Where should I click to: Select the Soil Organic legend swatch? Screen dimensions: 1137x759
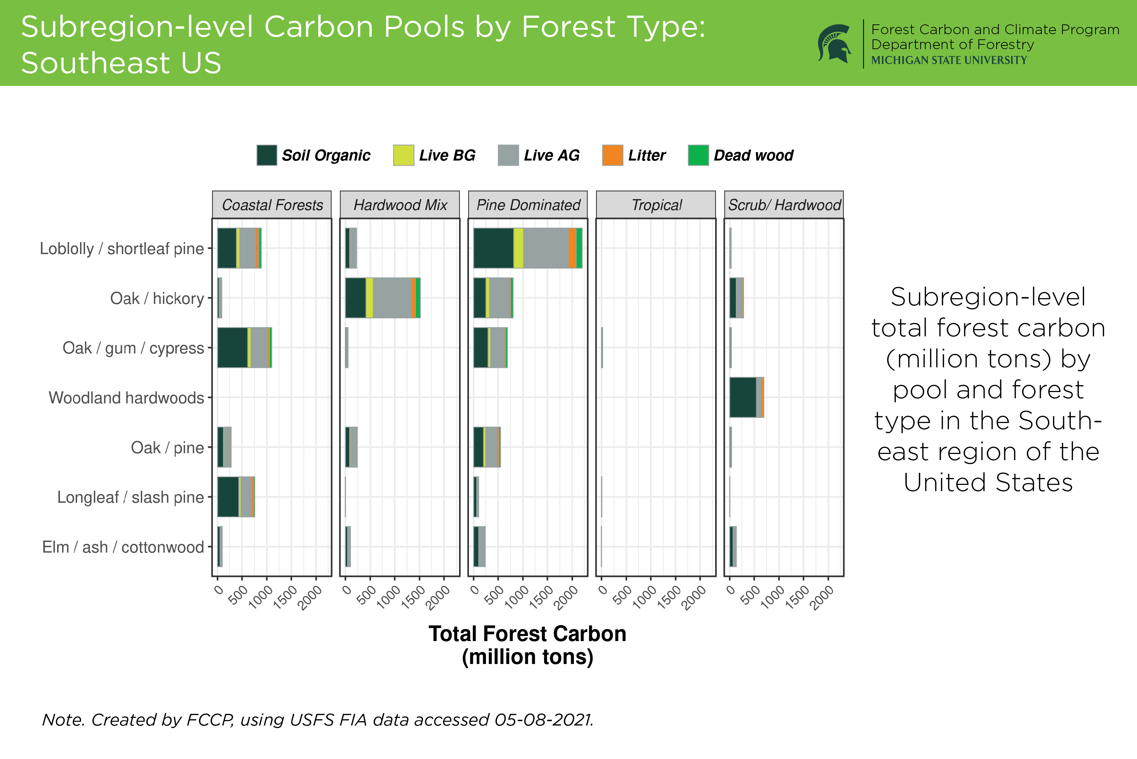coord(267,155)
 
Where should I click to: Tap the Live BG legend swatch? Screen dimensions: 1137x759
coord(403,155)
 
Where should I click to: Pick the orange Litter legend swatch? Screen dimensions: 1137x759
coord(612,155)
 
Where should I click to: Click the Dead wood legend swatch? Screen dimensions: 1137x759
coord(698,155)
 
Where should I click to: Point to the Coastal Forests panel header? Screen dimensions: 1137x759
coord(272,205)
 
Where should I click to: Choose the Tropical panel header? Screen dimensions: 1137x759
coord(656,205)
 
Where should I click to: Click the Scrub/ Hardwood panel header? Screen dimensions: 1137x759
coord(784,205)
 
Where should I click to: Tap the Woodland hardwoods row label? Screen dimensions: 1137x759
coord(126,398)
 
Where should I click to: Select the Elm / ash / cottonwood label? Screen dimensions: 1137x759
coord(123,547)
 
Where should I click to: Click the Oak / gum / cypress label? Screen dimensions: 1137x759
coord(133,348)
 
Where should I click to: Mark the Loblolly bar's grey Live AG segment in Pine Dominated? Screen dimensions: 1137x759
coord(546,248)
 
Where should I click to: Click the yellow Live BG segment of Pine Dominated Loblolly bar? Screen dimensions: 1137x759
coord(518,248)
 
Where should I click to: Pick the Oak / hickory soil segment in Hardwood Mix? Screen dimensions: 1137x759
coord(355,298)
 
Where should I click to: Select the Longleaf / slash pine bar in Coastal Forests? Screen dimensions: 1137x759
coord(236,497)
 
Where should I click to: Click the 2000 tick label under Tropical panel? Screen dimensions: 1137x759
coord(694,597)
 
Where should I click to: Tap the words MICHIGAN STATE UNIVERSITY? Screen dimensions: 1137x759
coord(949,60)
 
